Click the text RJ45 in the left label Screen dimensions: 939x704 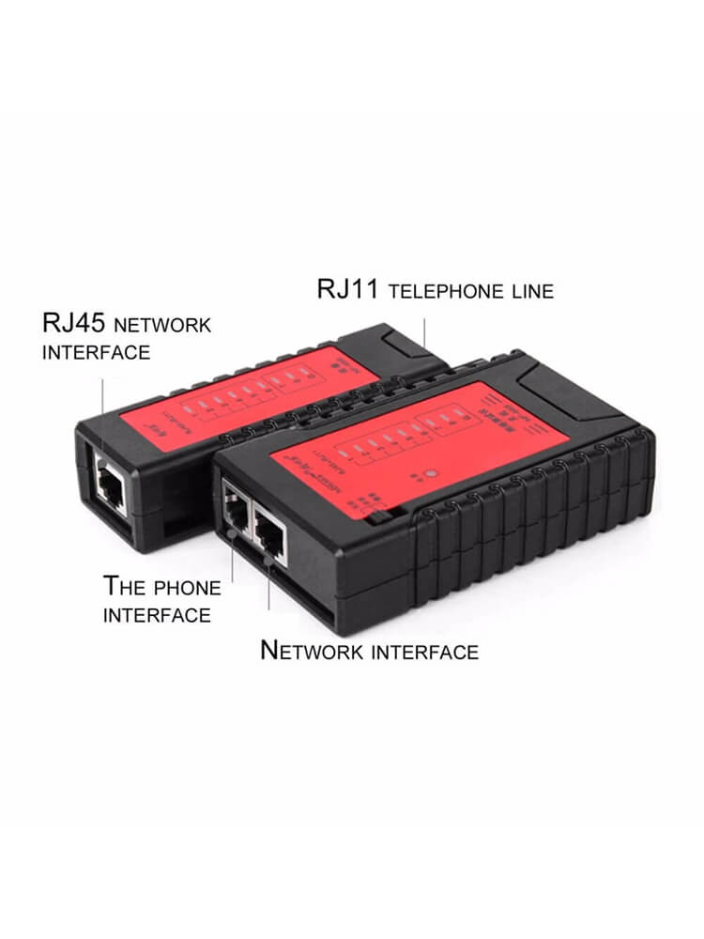coord(72,325)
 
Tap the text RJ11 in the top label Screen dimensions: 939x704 coord(347,289)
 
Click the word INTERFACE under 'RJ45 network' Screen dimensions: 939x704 coord(96,353)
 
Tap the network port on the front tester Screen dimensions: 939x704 coord(270,533)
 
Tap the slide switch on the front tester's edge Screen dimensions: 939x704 coord(376,516)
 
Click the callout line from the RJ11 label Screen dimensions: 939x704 coord(425,334)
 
